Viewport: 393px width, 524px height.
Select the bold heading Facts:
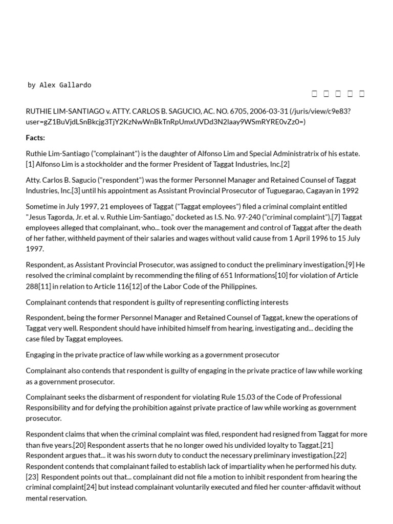click(x=35, y=138)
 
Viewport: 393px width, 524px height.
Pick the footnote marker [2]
click(x=285, y=164)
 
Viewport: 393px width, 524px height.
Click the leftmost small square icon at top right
click(x=314, y=93)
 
